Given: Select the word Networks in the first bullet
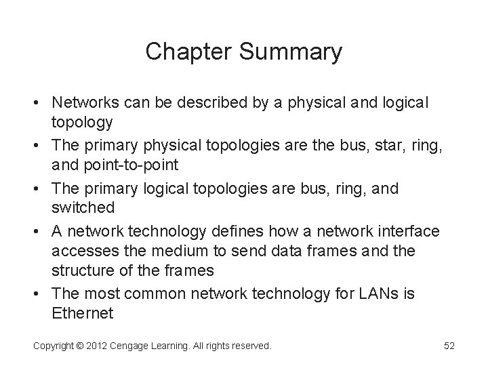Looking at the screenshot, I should (84, 103).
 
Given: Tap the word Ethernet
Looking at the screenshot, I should (81, 314).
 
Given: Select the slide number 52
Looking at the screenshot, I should (449, 346).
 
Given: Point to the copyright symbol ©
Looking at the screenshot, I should (79, 346).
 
